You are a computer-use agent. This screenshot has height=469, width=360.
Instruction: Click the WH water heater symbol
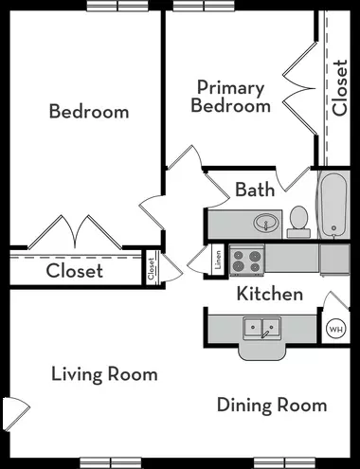[335, 329]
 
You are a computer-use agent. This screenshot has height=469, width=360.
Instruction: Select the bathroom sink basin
[266, 223]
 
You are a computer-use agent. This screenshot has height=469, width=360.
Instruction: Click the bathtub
[333, 205]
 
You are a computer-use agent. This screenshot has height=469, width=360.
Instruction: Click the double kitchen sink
[261, 328]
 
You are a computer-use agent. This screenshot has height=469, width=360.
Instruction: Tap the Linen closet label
[218, 260]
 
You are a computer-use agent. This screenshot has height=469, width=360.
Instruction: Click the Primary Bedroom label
[230, 97]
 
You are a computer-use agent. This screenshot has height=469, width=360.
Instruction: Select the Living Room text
[104, 374]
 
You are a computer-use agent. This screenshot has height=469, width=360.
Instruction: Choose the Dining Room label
[272, 406]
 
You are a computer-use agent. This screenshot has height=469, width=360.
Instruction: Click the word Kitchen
[270, 294]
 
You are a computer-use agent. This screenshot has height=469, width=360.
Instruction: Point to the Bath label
[255, 189]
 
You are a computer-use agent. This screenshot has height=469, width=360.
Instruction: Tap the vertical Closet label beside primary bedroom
[340, 88]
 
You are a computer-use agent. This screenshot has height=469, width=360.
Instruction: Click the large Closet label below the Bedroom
[75, 271]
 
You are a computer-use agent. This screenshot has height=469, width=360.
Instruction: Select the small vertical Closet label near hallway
[151, 269]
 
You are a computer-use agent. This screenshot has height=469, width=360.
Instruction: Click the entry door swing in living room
[16, 414]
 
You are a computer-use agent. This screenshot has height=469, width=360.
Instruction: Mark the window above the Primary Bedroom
[204, 6]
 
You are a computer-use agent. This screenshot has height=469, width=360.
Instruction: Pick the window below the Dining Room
[284, 462]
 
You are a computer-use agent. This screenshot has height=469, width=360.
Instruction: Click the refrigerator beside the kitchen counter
[334, 260]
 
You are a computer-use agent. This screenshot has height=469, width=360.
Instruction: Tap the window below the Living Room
[110, 462]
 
